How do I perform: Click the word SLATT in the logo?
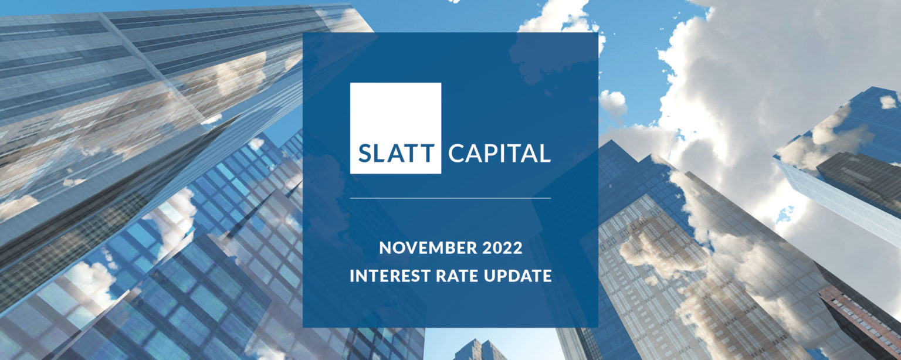pyautogui.click(x=396, y=153)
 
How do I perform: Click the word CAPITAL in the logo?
pyautogui.click(x=499, y=153)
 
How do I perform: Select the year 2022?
pyautogui.click(x=502, y=248)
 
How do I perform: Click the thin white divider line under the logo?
pyautogui.click(x=450, y=198)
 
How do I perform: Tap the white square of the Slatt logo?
pyautogui.click(x=395, y=128)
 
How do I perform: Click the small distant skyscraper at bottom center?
pyautogui.click(x=480, y=349)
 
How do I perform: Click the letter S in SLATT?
pyautogui.click(x=365, y=153)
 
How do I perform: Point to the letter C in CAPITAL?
pyautogui.click(x=456, y=153)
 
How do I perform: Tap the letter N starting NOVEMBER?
pyautogui.click(x=385, y=248)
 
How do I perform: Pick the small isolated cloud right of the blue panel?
pyautogui.click(x=612, y=103)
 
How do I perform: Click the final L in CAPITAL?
pyautogui.click(x=544, y=153)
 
